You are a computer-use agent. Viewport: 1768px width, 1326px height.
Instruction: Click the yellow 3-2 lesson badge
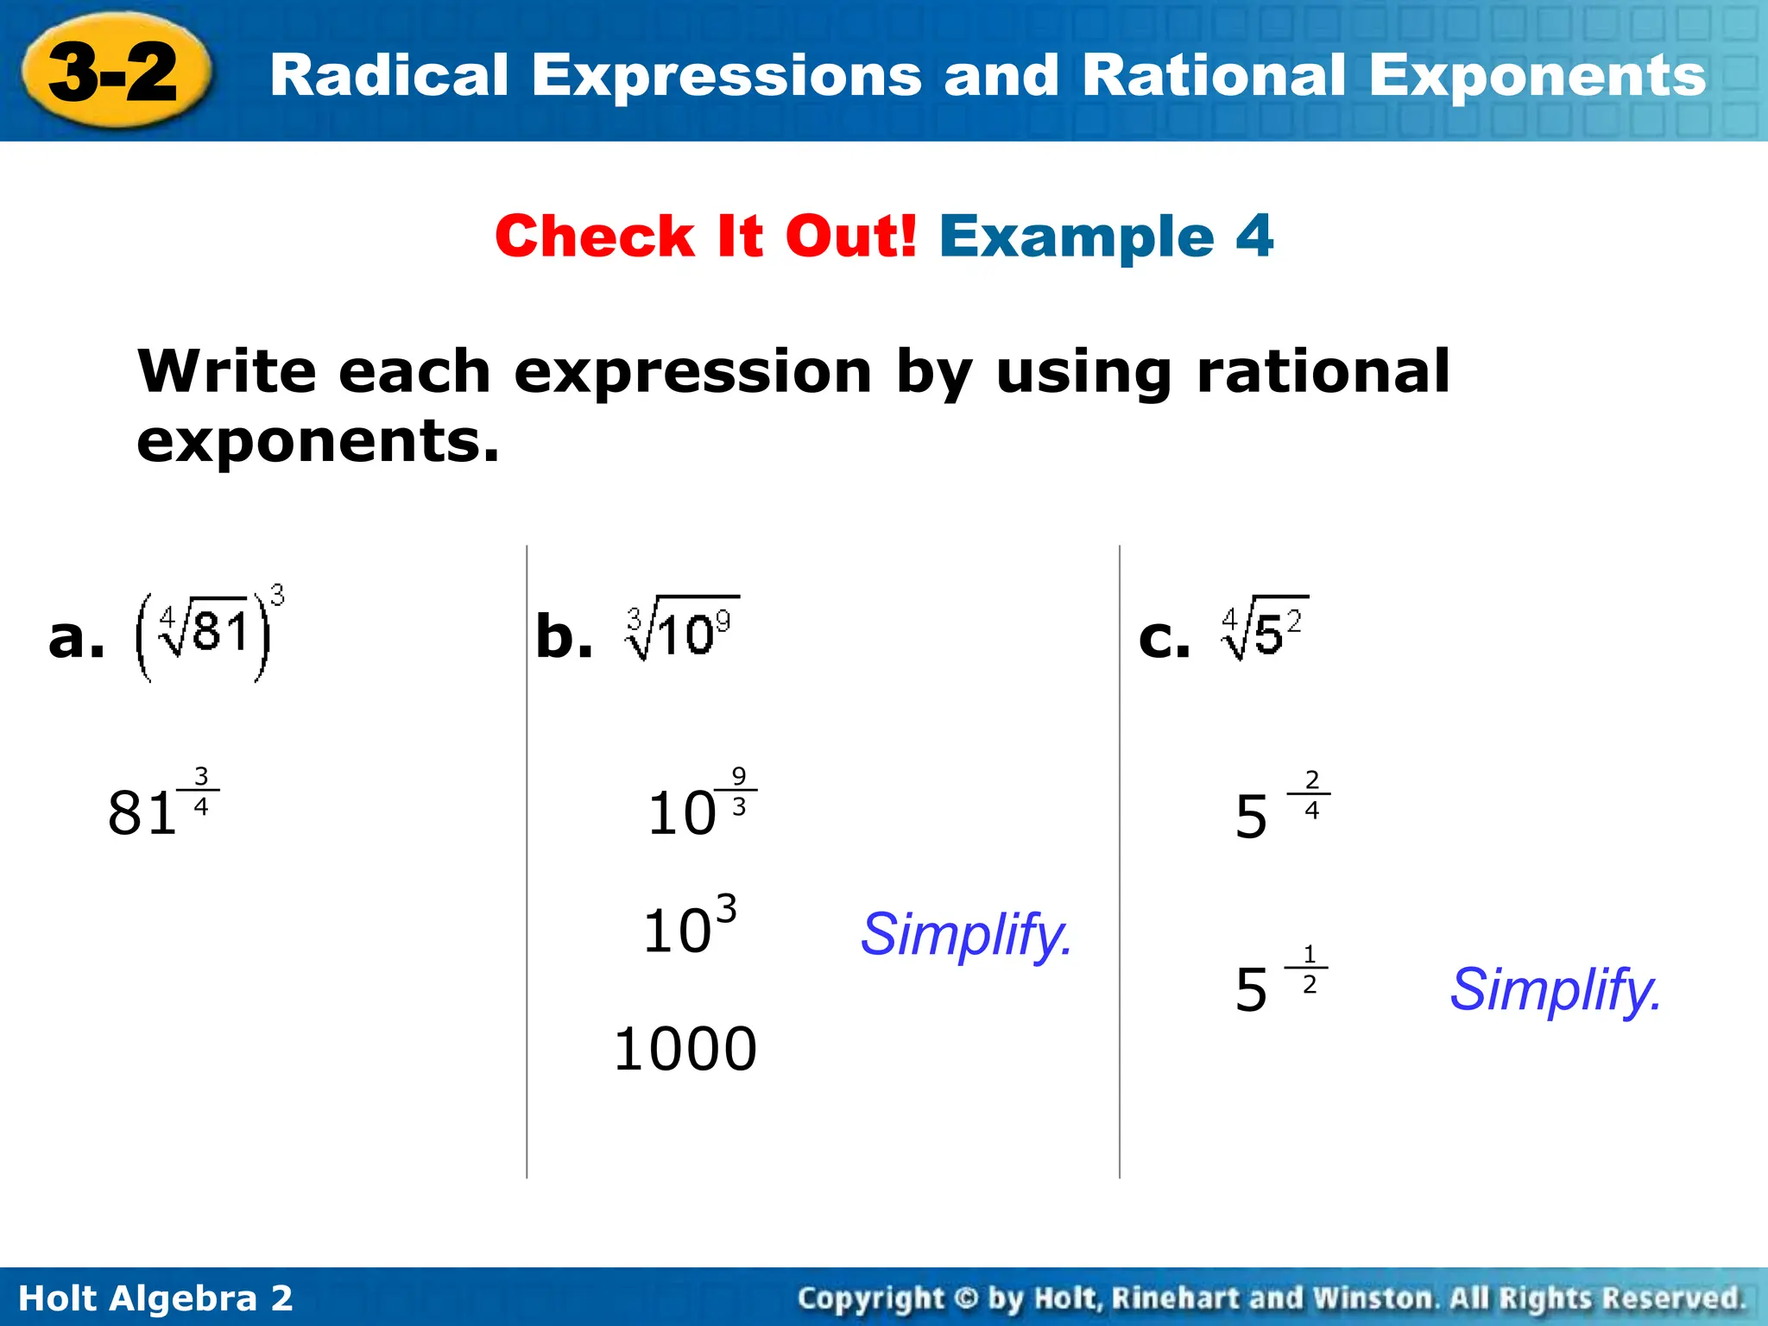[115, 73]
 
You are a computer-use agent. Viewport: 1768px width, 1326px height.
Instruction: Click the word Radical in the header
[388, 76]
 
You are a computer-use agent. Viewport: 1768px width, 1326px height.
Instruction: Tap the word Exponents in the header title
[1537, 76]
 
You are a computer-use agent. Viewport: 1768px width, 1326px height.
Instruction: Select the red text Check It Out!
[705, 236]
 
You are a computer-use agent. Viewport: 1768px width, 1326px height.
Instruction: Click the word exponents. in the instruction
[318, 441]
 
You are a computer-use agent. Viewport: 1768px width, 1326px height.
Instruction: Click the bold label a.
[76, 637]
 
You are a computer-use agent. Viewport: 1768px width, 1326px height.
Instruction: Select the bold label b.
[564, 637]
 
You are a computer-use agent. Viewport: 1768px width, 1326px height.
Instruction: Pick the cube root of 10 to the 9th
[682, 628]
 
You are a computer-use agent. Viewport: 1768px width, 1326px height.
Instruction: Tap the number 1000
[685, 1049]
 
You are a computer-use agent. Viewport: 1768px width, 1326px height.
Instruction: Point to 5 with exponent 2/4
[1280, 807]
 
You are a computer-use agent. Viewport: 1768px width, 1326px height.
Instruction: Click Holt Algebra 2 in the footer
[155, 1298]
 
